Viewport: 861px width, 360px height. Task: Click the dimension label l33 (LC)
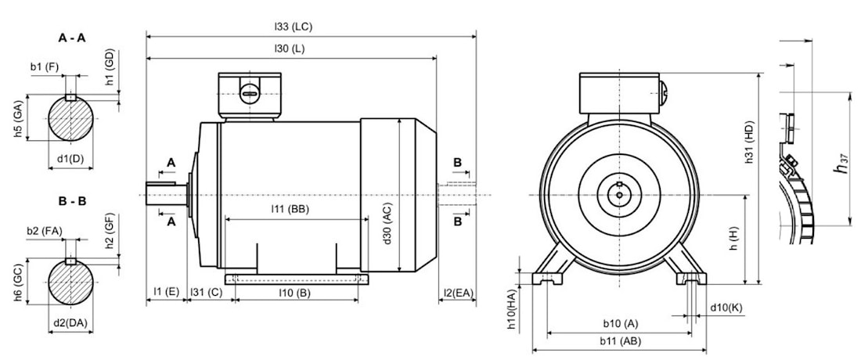(x=294, y=27)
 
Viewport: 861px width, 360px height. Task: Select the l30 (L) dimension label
(x=290, y=49)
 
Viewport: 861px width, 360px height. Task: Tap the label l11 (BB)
(x=290, y=209)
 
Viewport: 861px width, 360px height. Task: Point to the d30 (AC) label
(x=387, y=225)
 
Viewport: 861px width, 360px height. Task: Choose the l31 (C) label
(x=207, y=293)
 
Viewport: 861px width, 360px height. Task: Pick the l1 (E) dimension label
(x=166, y=293)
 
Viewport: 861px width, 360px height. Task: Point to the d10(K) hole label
(x=726, y=307)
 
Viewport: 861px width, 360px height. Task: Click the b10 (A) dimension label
(x=621, y=323)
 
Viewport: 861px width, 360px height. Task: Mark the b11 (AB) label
(x=621, y=341)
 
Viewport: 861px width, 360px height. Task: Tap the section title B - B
(x=71, y=201)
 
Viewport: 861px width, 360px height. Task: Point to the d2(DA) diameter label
(x=70, y=322)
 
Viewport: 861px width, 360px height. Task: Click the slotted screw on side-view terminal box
(x=248, y=93)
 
